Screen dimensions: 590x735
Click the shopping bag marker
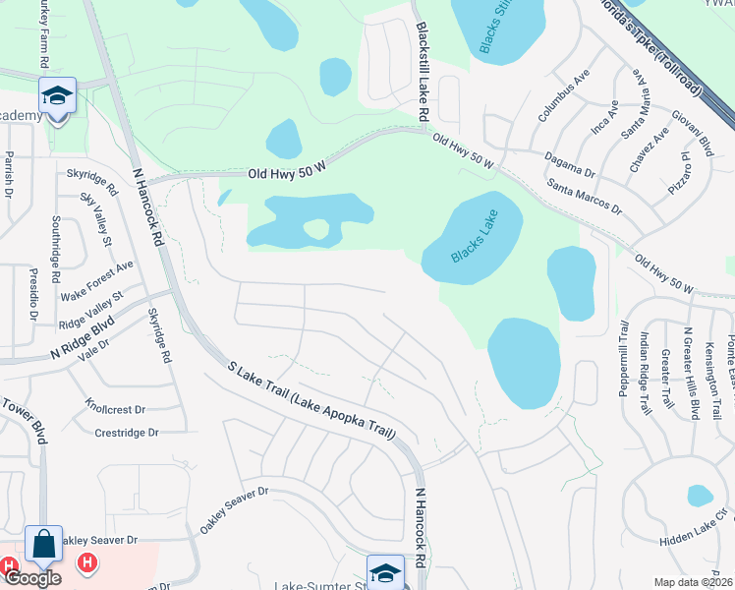click(44, 544)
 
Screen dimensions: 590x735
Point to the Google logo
click(31, 578)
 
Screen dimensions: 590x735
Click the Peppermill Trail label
click(623, 358)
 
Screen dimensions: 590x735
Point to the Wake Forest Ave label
click(96, 281)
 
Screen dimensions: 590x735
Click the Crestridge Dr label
click(127, 433)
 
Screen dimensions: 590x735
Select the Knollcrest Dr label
click(115, 406)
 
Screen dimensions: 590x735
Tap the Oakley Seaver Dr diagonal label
click(234, 511)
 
